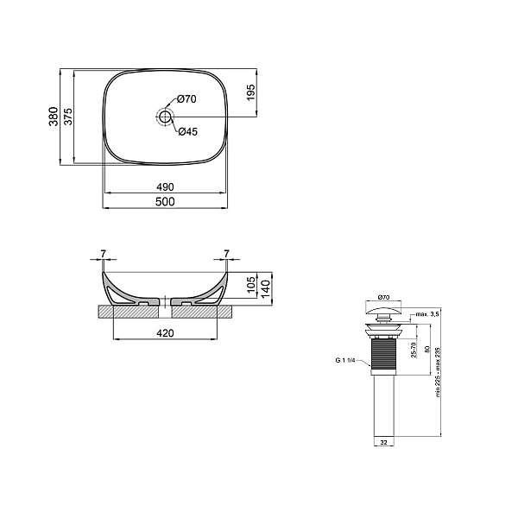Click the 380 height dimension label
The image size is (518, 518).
[x=54, y=117]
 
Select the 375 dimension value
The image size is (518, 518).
[x=67, y=117]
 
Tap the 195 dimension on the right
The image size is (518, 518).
[x=250, y=92]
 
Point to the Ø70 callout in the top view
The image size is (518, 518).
[x=186, y=98]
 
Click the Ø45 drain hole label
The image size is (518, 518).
[x=188, y=132]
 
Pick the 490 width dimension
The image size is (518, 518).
[x=165, y=187]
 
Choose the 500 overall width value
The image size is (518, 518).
[x=165, y=201]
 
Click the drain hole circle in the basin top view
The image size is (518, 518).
[x=165, y=117]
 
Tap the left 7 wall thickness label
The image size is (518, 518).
[x=104, y=254]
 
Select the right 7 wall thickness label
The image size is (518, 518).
[x=226, y=254]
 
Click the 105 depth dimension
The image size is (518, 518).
[x=251, y=284]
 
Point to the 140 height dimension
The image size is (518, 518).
[x=266, y=288]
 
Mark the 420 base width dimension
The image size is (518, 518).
[x=165, y=333]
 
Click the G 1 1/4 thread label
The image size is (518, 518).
[x=345, y=360]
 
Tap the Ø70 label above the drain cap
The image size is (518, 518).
[x=383, y=297]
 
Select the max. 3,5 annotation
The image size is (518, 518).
[x=427, y=314]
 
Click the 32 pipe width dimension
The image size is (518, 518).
[x=383, y=442]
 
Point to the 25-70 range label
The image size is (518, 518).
[x=414, y=350]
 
